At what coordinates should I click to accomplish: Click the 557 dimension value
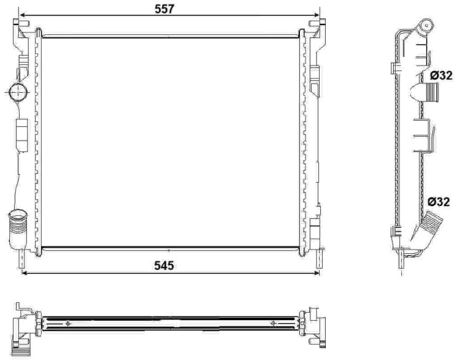164,9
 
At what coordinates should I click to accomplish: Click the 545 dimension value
164,266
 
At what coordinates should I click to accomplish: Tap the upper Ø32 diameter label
441,76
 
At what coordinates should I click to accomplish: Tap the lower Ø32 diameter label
439,202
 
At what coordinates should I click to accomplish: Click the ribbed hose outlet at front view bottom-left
18,229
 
